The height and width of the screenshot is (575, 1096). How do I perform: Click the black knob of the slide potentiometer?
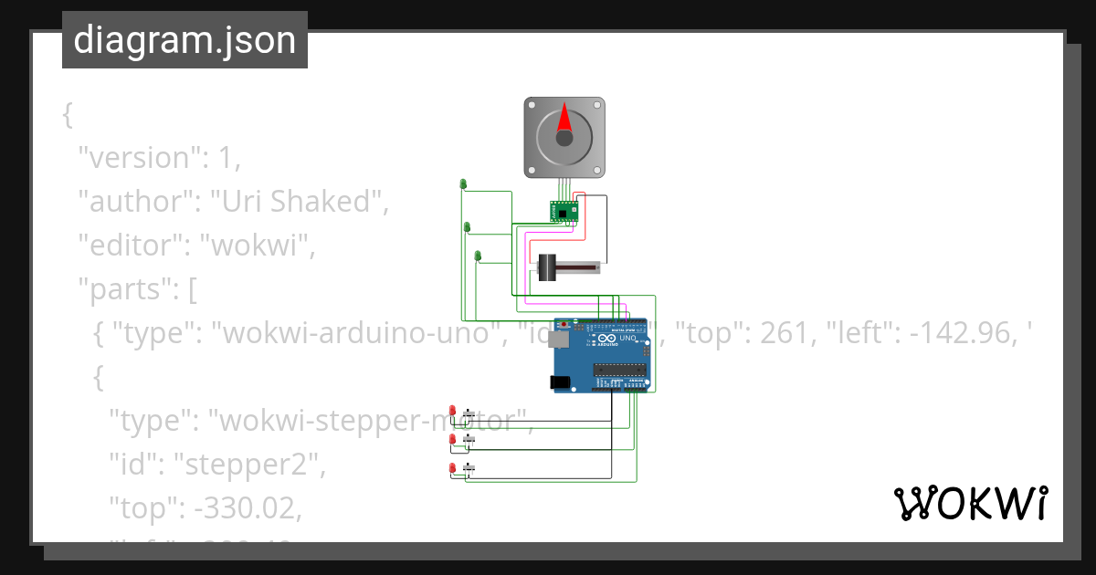[547, 267]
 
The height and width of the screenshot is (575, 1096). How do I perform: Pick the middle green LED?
[468, 226]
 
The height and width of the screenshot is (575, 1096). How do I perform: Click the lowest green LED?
[478, 255]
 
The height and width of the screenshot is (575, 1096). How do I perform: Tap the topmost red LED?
[452, 412]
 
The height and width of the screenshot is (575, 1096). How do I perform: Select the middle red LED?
[452, 440]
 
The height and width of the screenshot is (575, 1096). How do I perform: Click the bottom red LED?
[452, 468]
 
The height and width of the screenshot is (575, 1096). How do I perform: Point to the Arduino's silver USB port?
[557, 339]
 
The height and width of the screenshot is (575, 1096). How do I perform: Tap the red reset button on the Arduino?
[564, 323]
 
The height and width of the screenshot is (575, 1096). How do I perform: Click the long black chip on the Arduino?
[621, 369]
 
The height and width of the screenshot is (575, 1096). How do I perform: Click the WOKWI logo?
[970, 503]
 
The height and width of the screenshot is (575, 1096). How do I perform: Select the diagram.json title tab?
[184, 40]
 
